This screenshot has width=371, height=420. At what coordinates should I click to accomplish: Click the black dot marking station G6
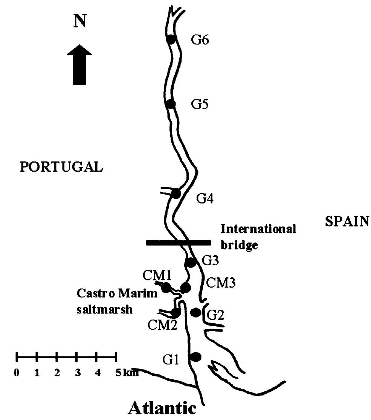[171, 39]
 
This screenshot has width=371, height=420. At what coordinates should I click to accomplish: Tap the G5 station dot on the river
[171, 104]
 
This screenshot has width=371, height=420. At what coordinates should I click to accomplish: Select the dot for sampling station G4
[176, 194]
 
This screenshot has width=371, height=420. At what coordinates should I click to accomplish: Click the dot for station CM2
[176, 312]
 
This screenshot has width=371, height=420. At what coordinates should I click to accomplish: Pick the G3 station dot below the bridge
[191, 262]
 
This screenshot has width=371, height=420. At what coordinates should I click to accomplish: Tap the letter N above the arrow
[79, 22]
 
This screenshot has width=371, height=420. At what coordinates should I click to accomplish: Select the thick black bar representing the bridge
[179, 243]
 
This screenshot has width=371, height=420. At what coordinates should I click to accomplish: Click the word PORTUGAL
[61, 167]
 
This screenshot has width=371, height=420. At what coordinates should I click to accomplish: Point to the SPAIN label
[347, 222]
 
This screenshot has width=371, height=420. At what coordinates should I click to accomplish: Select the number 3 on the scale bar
[77, 373]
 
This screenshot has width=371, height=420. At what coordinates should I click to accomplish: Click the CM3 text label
[221, 283]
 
